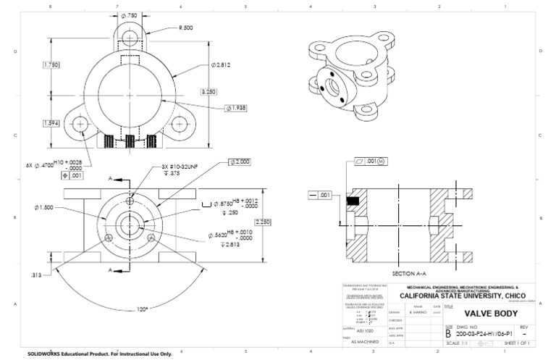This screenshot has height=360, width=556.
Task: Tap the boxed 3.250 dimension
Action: [x=209, y=92]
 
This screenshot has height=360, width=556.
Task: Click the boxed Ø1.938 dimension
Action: [x=237, y=109]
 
